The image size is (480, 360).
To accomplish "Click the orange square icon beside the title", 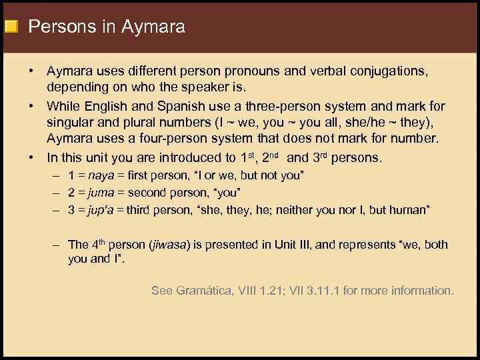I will (x=10, y=27).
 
